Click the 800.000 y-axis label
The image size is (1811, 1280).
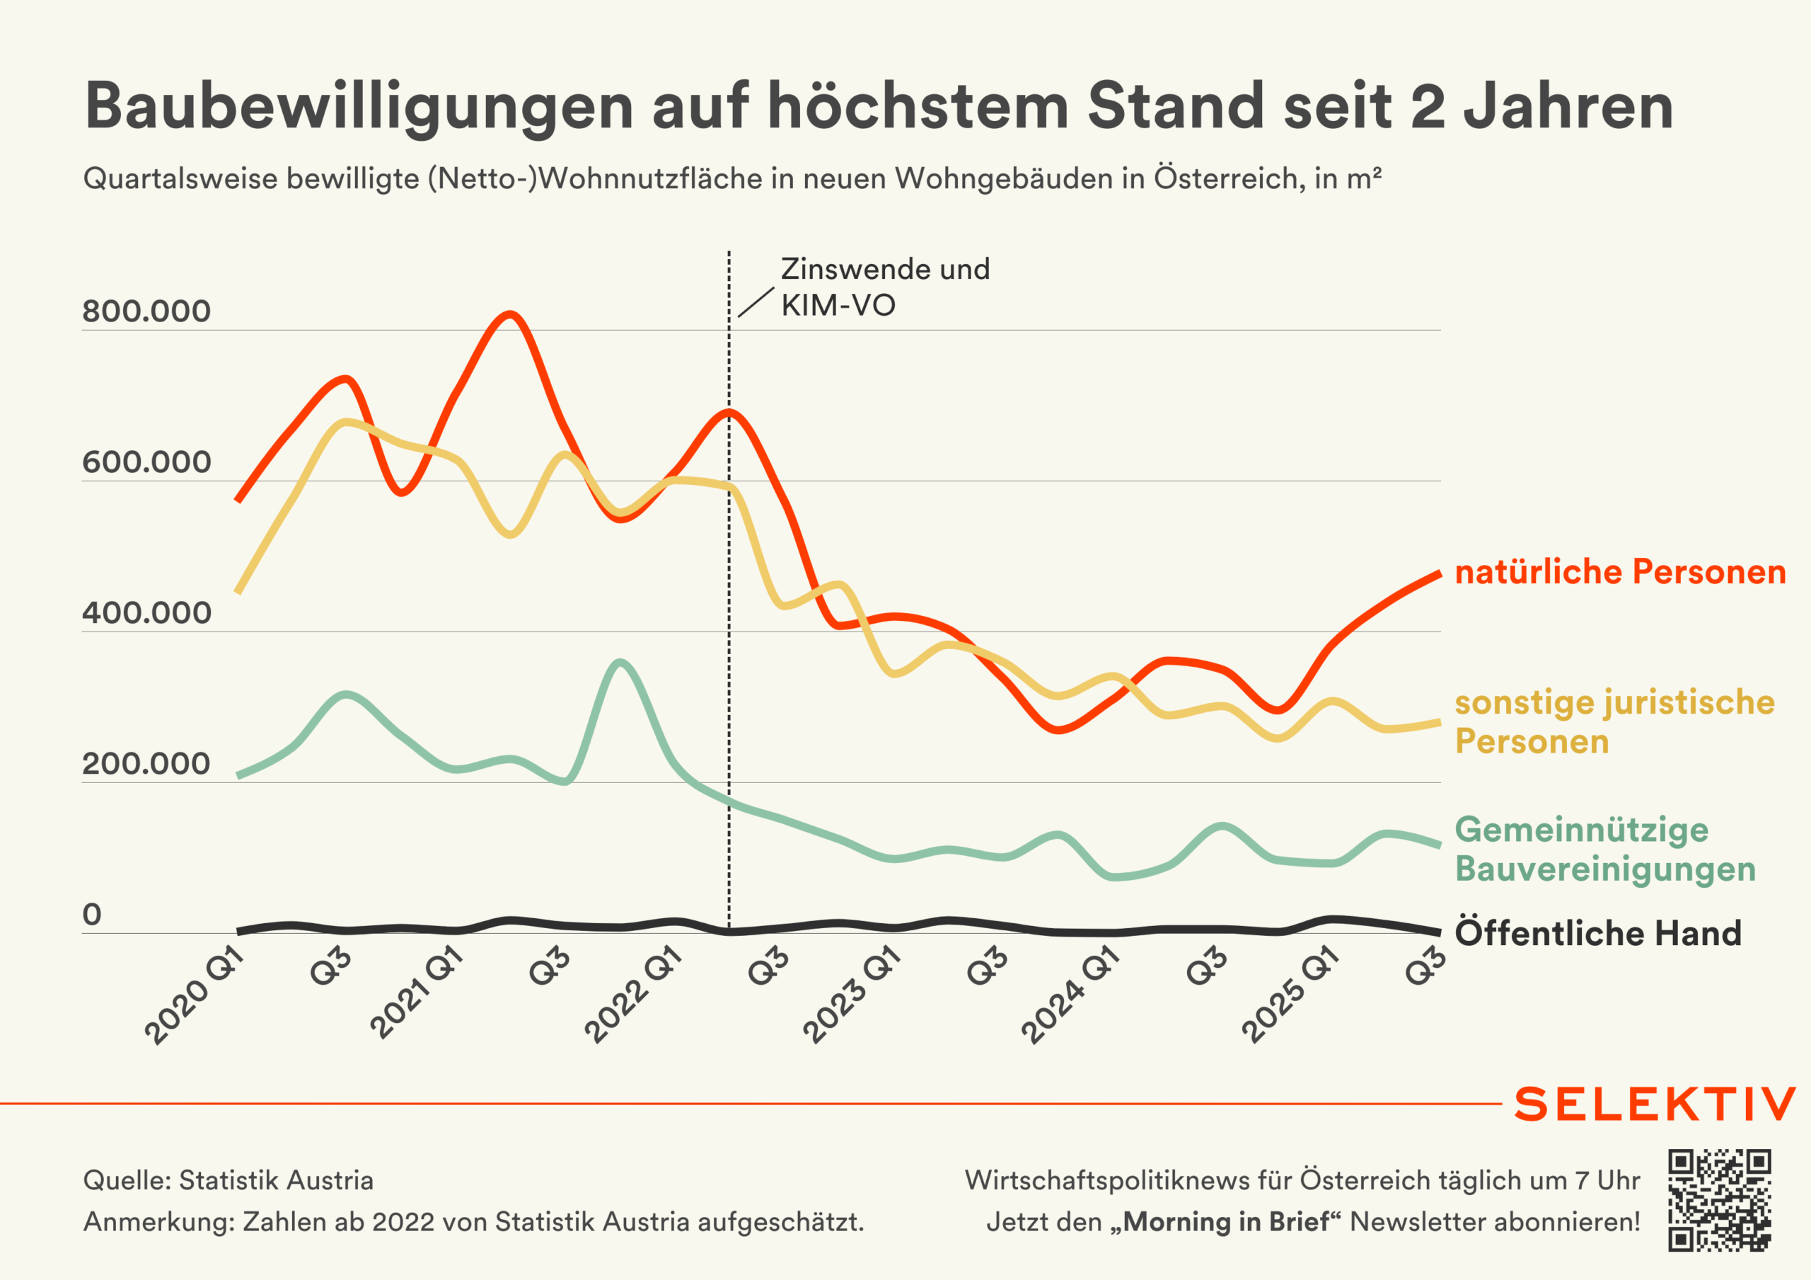point(146,311)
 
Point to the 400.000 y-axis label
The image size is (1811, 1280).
point(146,613)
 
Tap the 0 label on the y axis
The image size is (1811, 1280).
point(92,915)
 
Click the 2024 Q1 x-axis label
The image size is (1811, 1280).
point(1070,996)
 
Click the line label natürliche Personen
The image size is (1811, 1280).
point(1620,572)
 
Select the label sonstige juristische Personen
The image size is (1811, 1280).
point(1614,721)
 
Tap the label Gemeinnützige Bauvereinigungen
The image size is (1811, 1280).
point(1604,849)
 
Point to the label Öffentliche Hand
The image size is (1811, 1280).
point(1598,933)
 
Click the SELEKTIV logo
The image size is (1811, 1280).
point(1655,1104)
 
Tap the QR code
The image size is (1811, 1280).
point(1720,1200)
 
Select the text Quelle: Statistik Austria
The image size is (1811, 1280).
point(228,1181)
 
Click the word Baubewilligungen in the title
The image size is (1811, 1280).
point(359,106)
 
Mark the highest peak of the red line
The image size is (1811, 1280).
point(510,315)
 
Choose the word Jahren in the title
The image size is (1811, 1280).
point(1568,106)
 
